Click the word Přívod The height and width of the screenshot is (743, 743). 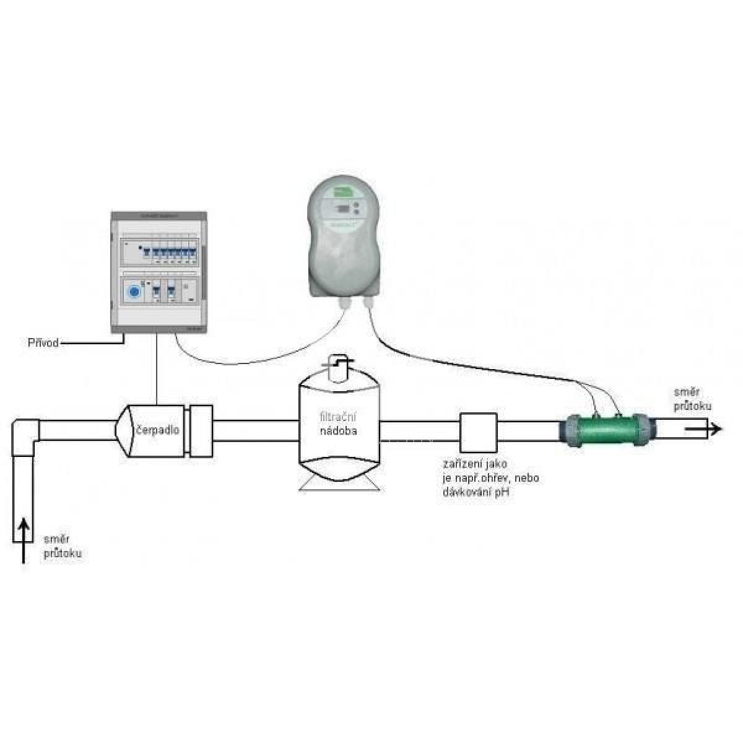pyautogui.click(x=43, y=342)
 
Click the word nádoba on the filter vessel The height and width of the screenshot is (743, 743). pyautogui.click(x=338, y=432)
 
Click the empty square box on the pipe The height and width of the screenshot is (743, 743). pyautogui.click(x=479, y=432)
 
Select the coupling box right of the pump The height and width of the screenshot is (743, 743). pyautogui.click(x=201, y=430)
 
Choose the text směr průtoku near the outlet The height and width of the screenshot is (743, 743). pyautogui.click(x=692, y=399)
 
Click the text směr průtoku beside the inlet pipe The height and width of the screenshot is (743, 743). pyautogui.click(x=62, y=547)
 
